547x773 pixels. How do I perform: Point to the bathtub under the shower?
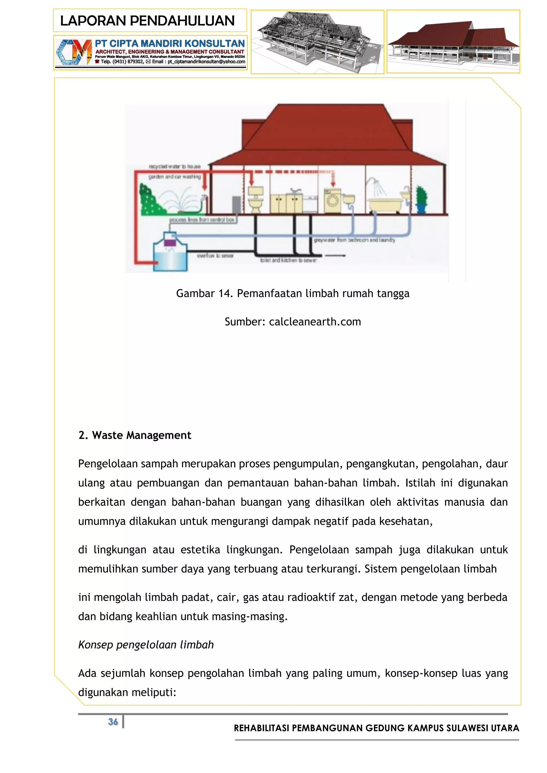(385, 204)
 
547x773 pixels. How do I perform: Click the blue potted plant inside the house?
(421, 200)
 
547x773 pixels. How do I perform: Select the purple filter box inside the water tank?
(169, 242)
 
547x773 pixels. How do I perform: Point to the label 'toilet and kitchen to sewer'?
(288, 260)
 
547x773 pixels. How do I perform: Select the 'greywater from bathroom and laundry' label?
(354, 240)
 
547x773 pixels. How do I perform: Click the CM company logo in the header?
(73, 52)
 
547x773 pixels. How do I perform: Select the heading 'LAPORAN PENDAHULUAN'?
(147, 21)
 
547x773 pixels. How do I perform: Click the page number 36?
(113, 721)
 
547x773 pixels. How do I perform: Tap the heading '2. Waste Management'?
(135, 435)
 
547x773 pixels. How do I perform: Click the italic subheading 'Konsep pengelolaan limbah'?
(146, 644)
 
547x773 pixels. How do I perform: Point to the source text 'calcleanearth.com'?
(315, 322)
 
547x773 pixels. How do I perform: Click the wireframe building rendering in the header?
(317, 42)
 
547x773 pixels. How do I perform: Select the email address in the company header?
(206, 62)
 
